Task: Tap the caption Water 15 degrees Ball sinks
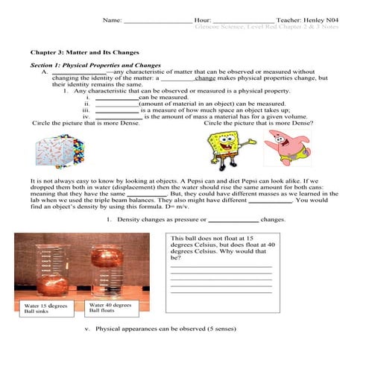pyautogui.click(x=46, y=309)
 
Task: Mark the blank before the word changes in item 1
pyautogui.click(x=233, y=220)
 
